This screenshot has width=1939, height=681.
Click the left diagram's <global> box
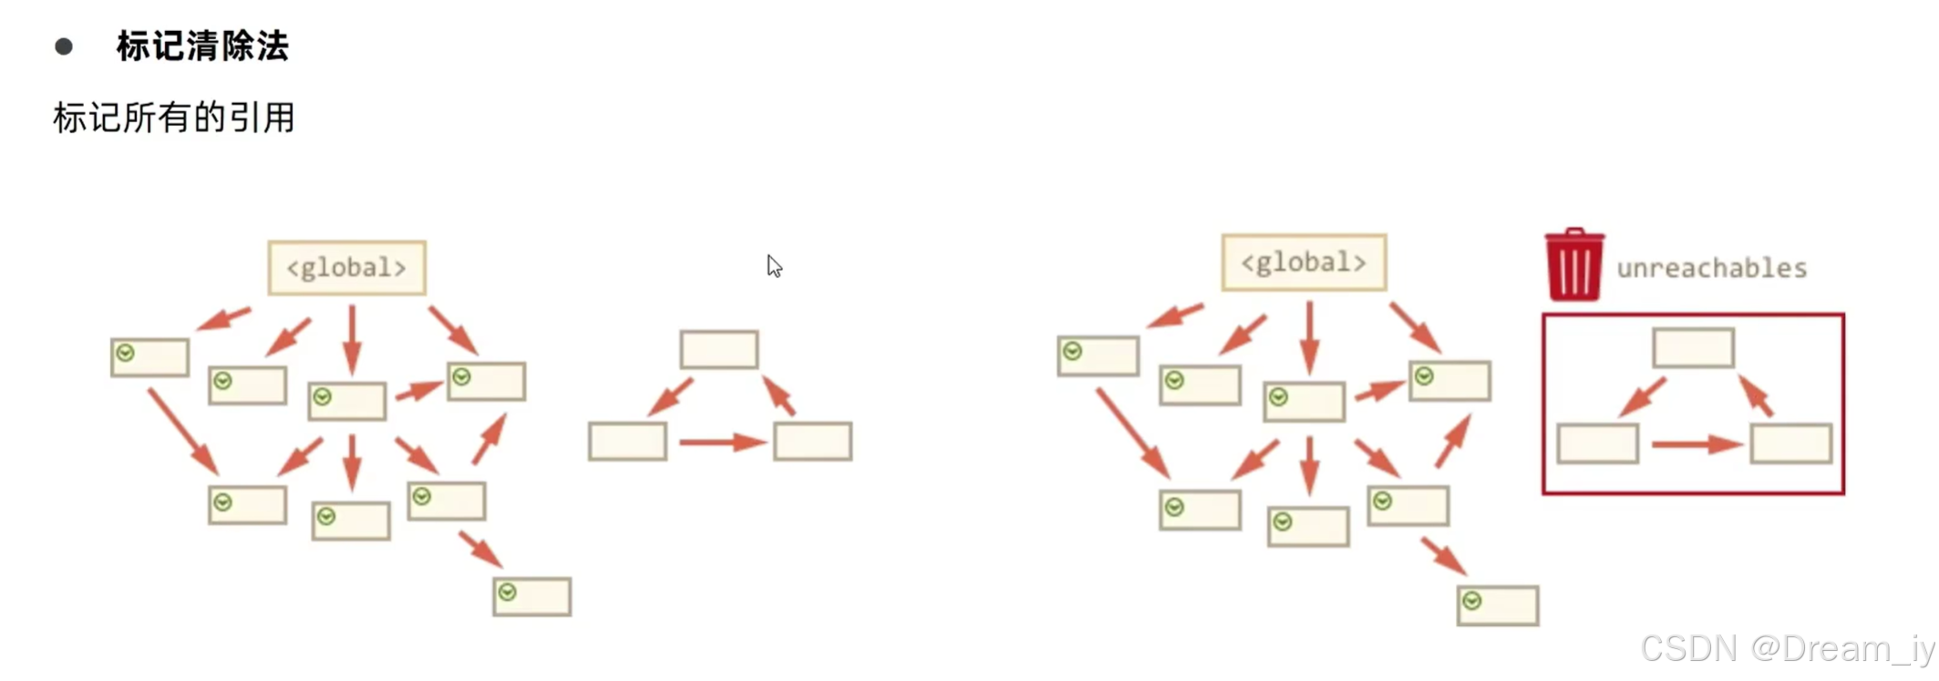pos(346,268)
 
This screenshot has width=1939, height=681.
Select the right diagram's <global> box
pos(1304,263)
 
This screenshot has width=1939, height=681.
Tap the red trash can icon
pos(1574,265)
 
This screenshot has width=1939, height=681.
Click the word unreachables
pos(1711,268)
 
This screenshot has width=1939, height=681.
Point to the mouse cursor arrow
pos(774,265)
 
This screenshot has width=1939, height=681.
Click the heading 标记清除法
pos(202,46)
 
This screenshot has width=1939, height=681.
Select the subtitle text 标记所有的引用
pos(174,118)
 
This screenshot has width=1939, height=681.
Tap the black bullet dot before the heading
pos(64,46)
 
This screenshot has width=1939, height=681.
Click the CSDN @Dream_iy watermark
pos(1787,649)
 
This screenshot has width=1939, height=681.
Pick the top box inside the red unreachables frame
pos(1693,348)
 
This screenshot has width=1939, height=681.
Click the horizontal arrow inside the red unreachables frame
pos(1696,445)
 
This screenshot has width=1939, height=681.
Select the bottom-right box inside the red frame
pos(1790,444)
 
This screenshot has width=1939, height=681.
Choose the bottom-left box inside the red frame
pos(1597,444)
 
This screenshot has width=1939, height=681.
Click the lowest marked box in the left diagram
pos(532,597)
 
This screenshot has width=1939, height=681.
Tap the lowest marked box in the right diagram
pos(1498,605)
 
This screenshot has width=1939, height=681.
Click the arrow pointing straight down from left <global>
pos(352,338)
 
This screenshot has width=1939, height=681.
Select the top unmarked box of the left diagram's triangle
pos(719,349)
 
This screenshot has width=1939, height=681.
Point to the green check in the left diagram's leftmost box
pos(126,353)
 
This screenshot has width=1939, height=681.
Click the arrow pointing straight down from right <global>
pos(1310,336)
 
